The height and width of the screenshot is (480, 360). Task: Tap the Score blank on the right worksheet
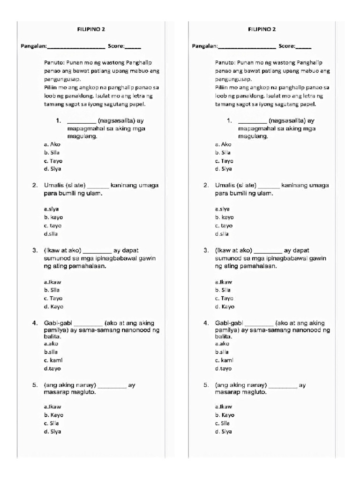point(303,47)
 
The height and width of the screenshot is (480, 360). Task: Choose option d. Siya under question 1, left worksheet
point(52,169)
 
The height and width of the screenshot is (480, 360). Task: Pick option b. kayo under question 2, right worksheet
point(224,217)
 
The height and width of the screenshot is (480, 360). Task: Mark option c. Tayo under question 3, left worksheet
point(53,298)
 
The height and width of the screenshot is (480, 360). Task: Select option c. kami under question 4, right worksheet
point(224,360)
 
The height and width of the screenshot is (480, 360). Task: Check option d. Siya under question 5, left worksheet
point(52,432)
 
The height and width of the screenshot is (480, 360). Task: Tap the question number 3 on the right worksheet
point(206,250)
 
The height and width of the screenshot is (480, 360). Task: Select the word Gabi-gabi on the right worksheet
point(229,323)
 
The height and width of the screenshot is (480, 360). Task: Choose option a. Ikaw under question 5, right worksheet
point(224,407)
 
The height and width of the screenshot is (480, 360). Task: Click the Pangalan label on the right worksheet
point(204,46)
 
